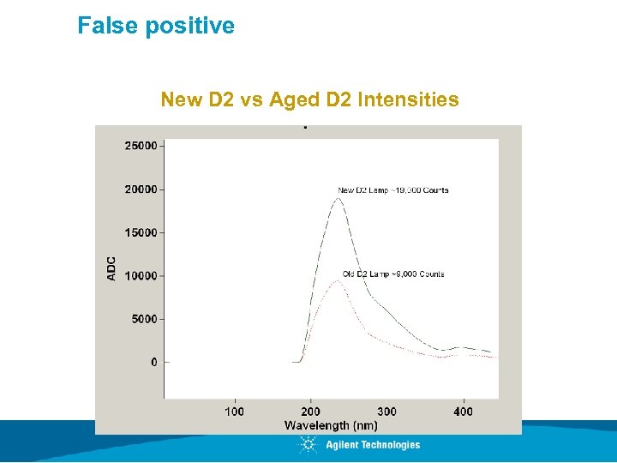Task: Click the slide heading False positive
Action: point(155,26)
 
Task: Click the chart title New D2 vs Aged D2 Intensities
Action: point(309,100)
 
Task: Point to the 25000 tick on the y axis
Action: point(141,146)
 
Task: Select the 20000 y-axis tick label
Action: point(141,189)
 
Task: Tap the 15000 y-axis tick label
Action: point(141,232)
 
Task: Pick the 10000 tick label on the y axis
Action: point(141,276)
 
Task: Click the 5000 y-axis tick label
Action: point(144,319)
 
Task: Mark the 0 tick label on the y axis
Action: point(154,363)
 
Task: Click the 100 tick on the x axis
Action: point(234,412)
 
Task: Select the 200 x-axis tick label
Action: point(310,412)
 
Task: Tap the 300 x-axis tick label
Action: point(386,412)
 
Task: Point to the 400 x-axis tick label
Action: point(463,412)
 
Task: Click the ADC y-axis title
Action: point(111,268)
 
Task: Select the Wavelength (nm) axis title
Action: point(331,425)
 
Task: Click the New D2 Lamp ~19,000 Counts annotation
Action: point(392,190)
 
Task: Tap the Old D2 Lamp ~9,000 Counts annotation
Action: point(393,274)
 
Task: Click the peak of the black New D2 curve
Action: point(338,199)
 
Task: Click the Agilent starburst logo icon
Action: point(308,445)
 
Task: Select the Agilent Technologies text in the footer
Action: point(373,445)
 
